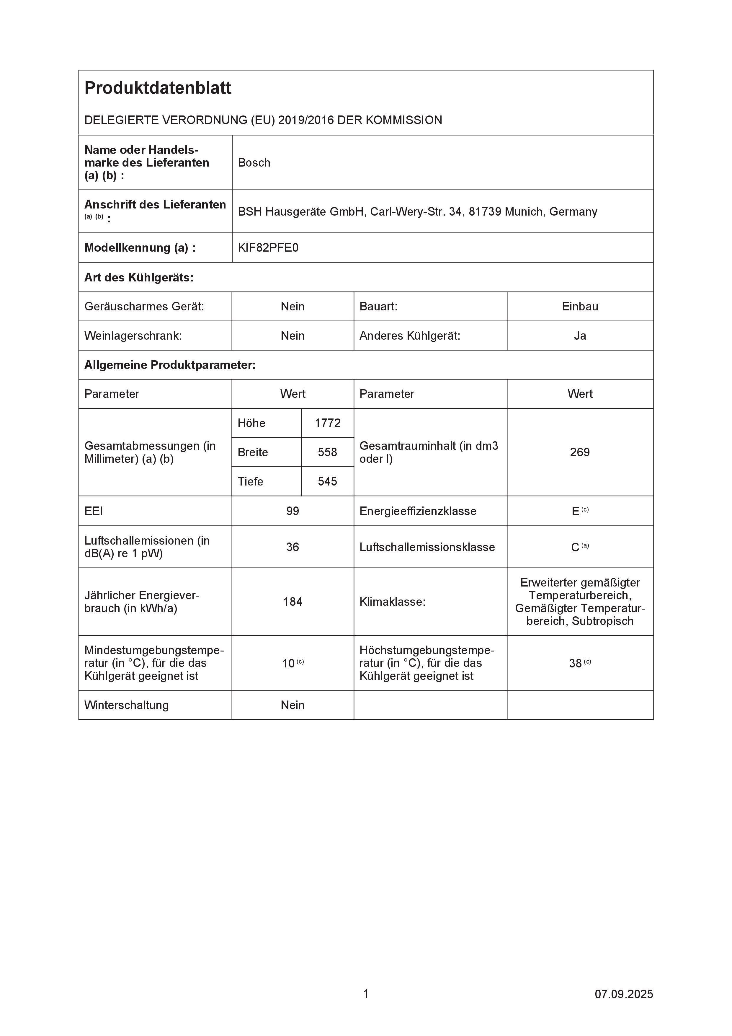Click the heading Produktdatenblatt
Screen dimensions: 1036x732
click(158, 88)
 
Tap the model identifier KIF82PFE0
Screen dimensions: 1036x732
click(268, 248)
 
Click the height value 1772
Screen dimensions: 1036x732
click(327, 423)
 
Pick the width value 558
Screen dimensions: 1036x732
click(327, 452)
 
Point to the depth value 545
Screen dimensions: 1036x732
click(327, 481)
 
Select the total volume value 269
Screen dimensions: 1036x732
click(580, 452)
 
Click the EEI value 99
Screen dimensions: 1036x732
click(293, 511)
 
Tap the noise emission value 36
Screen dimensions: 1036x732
click(293, 547)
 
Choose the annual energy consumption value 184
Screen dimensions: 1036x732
click(293, 602)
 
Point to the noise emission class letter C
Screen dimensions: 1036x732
click(575, 547)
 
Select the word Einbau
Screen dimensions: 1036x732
click(580, 306)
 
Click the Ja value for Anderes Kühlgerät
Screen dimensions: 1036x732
click(580, 336)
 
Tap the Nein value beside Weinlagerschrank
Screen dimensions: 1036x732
click(293, 336)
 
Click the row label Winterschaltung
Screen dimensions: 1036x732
click(126, 705)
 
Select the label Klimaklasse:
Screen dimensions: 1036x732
click(392, 602)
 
